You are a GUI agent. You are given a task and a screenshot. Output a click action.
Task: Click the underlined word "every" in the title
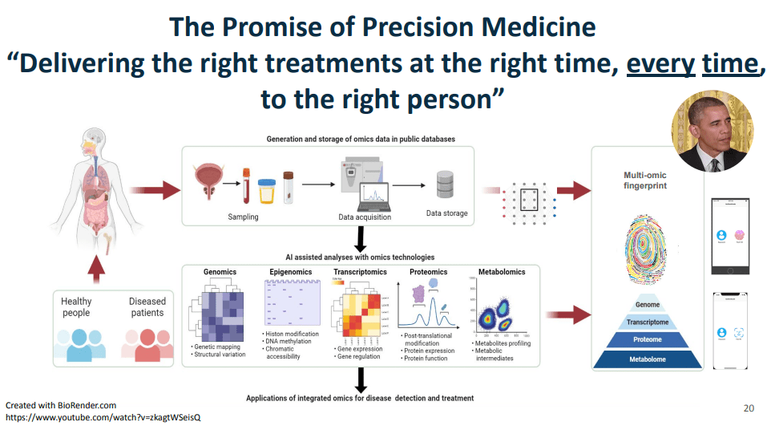point(661,63)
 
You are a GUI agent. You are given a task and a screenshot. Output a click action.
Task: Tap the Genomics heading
point(220,272)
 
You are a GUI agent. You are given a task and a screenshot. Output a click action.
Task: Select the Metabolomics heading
point(502,272)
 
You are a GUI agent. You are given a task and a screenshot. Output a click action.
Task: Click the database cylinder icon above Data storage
point(446,185)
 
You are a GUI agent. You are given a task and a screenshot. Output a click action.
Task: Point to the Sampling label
point(243,217)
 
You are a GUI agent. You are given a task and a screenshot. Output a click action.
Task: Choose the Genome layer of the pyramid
point(648,305)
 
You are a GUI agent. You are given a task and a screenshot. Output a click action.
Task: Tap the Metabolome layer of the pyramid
point(648,359)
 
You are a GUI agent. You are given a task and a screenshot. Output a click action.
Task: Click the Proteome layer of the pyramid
point(648,340)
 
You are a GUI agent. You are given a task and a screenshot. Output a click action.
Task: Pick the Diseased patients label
point(147,307)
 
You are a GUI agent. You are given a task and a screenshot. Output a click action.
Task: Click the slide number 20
point(749,408)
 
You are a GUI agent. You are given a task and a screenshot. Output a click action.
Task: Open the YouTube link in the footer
point(103,418)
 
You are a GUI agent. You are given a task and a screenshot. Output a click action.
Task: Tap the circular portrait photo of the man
point(712,131)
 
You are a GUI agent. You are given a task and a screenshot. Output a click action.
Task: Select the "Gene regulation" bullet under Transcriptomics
point(359,356)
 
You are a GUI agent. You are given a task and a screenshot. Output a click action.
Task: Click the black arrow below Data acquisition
point(360,238)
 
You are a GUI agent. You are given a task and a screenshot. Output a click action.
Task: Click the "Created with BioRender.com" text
point(61,406)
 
